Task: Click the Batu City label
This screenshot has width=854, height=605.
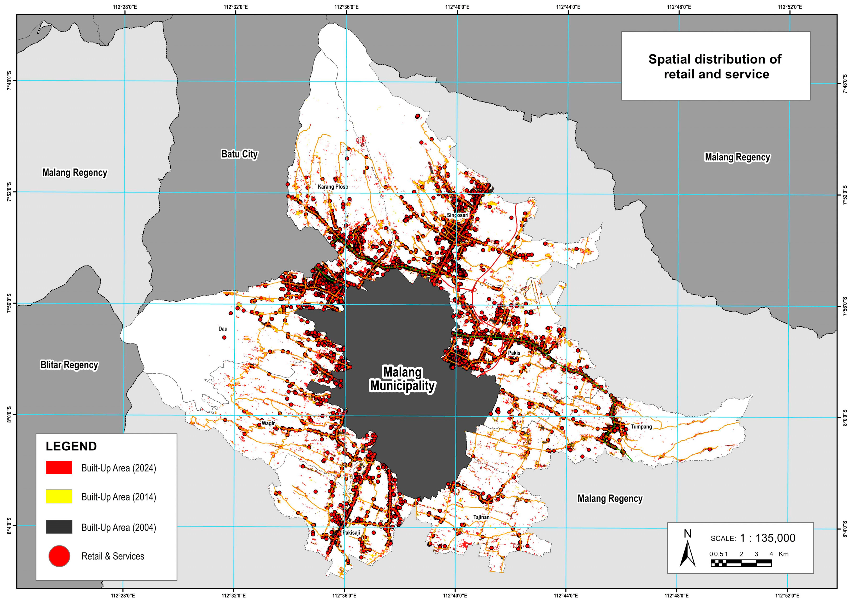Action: pos(239,154)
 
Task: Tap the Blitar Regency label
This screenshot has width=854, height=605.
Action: pos(69,365)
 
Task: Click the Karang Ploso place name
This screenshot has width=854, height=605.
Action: pos(333,187)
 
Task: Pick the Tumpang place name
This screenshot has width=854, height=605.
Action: pos(641,427)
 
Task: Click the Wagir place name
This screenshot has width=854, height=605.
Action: pos(268,423)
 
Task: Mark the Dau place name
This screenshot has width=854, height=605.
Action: pos(223,328)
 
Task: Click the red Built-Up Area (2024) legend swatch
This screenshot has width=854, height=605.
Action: pos(59,468)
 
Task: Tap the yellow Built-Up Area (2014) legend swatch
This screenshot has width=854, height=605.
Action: pos(59,497)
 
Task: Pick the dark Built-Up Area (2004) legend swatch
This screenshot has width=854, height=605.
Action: pos(59,527)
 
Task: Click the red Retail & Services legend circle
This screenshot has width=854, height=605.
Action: pos(59,556)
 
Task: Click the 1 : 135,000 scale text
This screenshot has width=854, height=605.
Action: pos(767,538)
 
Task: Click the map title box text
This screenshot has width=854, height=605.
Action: pos(715,67)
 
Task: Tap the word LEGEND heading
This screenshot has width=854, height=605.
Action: pos(71,446)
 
